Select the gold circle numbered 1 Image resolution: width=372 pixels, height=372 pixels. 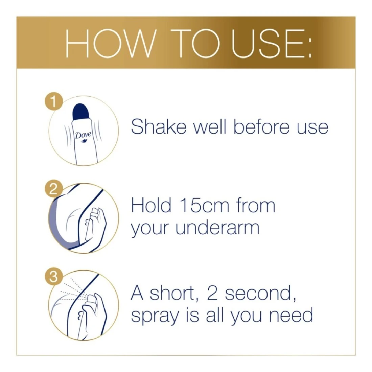click(54, 102)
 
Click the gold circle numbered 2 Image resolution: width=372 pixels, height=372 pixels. click(54, 189)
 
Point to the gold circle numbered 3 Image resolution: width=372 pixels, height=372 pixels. click(54, 277)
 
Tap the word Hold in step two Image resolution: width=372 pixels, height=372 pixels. click(151, 206)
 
